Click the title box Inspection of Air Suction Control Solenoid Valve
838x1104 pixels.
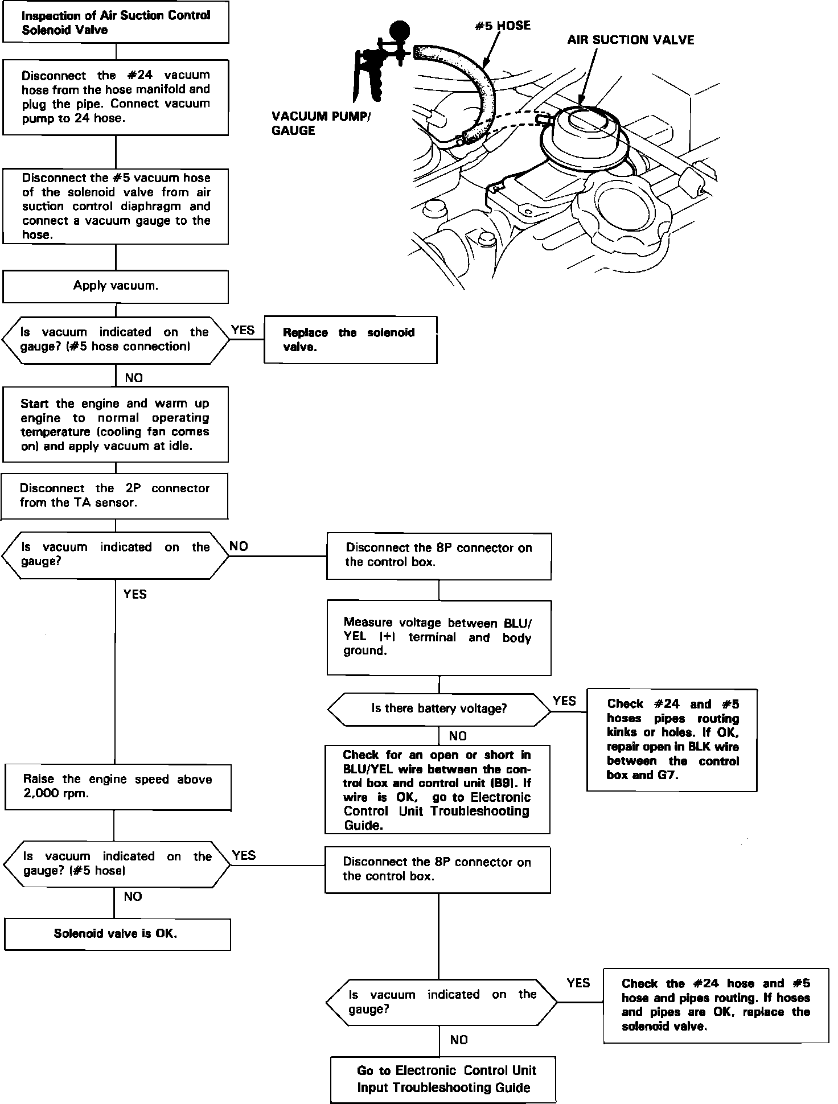coord(116,22)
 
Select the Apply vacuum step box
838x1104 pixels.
coord(116,286)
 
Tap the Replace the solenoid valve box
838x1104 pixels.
coord(350,340)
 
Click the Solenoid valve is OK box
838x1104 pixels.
coord(117,933)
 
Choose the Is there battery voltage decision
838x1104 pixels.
coord(439,709)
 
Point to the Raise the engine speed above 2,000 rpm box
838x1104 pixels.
coord(118,786)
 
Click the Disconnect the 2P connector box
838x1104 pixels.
coord(114,496)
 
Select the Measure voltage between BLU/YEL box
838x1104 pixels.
coord(438,637)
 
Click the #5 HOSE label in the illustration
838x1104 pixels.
coord(503,26)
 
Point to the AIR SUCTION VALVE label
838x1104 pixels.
coord(630,40)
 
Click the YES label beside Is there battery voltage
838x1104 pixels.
coord(564,701)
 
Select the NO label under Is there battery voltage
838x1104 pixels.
coord(458,736)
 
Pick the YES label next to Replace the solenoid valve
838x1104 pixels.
coord(243,331)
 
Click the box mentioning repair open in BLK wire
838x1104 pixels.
coord(672,739)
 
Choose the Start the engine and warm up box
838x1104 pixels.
coord(116,425)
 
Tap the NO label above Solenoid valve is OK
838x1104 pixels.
coord(133,896)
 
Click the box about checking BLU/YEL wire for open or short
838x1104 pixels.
coord(437,789)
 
